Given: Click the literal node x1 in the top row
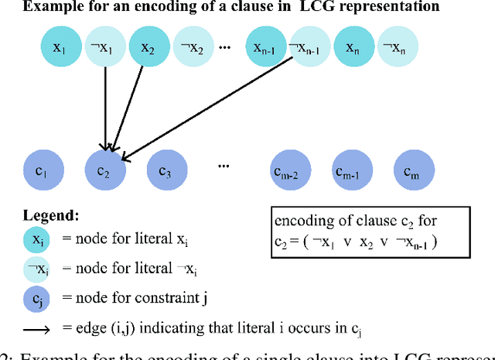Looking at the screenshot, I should tap(59, 48).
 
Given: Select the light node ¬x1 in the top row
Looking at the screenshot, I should tap(103, 48).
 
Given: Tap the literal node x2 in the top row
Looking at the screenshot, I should tap(146, 48).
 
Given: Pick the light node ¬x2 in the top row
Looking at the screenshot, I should tap(190, 48).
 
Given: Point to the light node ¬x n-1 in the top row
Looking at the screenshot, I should tap(307, 48).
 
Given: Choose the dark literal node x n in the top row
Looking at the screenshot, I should tap(351, 48).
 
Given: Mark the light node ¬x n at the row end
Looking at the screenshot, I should tap(394, 48).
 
